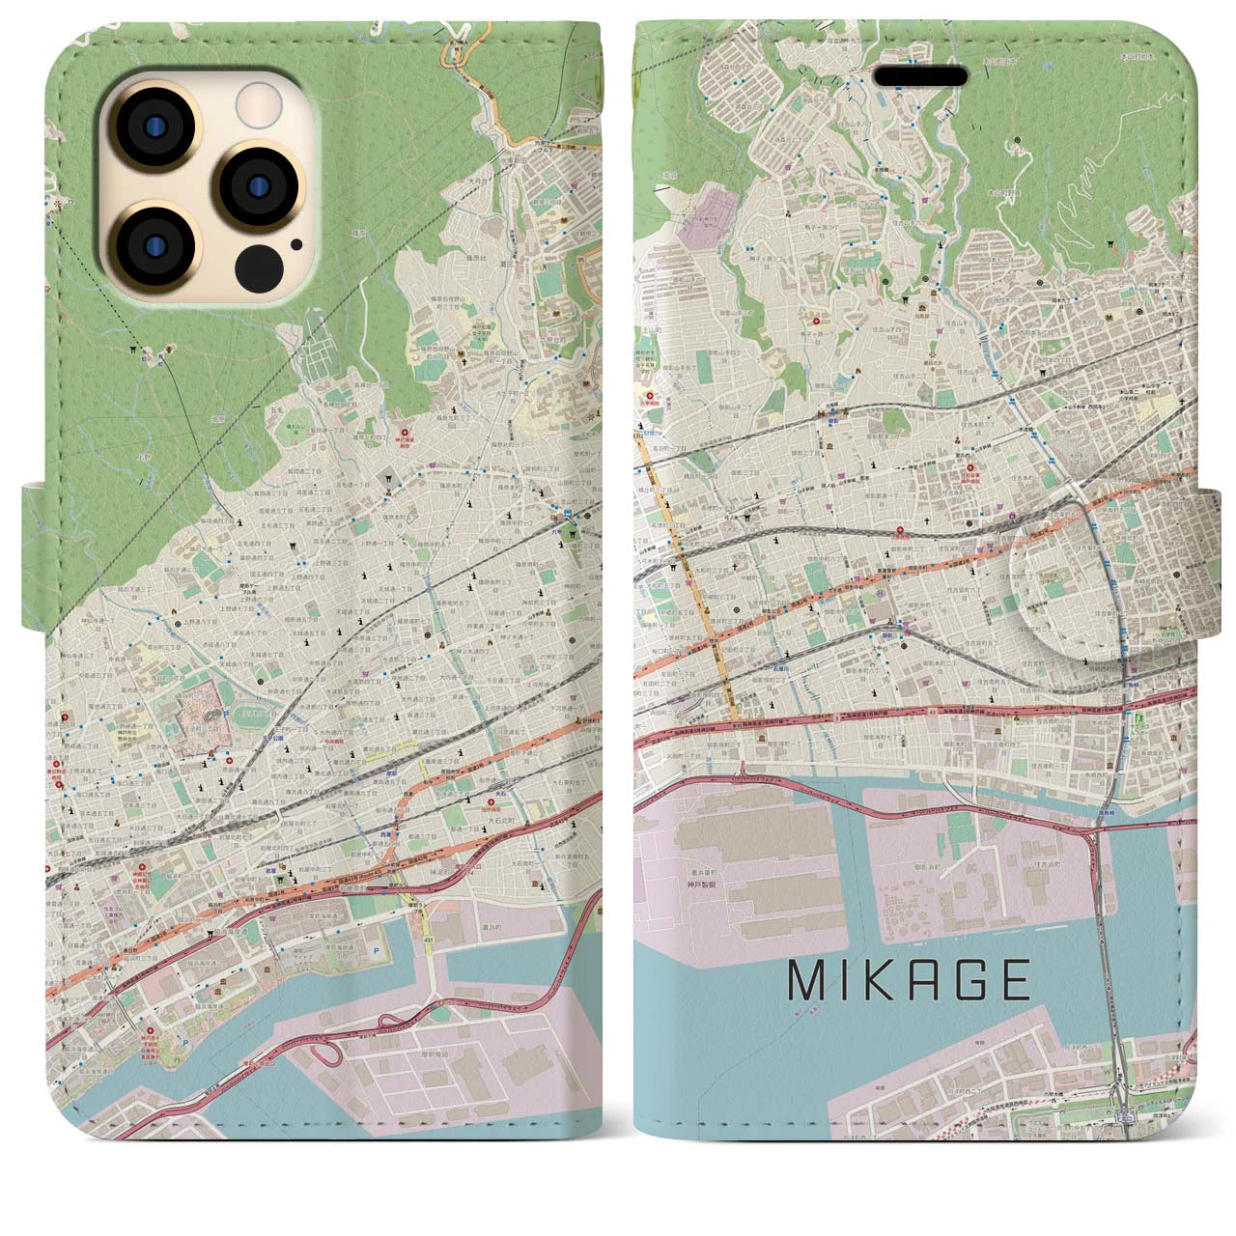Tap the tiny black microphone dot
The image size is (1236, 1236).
[295, 245]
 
